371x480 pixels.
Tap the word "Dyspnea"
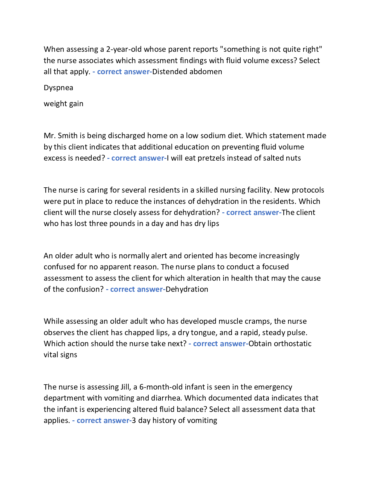(x=58, y=88)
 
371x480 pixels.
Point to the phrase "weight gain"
(x=63, y=104)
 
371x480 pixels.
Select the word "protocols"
(x=308, y=190)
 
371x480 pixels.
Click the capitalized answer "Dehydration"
(x=187, y=289)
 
